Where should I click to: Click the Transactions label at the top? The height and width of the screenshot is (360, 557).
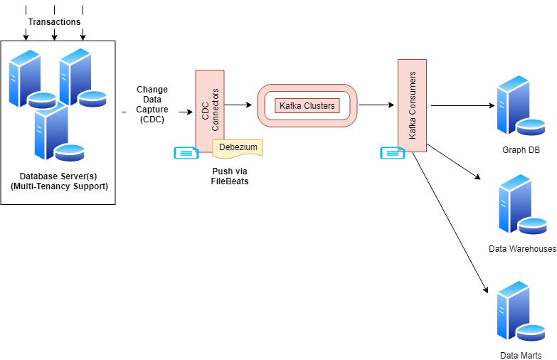tap(54, 22)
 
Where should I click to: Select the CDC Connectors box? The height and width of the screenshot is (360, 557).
tap(210, 110)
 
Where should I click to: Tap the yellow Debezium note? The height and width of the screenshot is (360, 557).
tap(238, 147)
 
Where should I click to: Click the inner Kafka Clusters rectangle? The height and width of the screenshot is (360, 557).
tap(307, 106)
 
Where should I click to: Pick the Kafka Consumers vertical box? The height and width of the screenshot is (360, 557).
tap(412, 105)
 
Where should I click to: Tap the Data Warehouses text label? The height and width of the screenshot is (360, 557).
tap(522, 249)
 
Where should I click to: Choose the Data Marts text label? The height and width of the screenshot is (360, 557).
tap(521, 355)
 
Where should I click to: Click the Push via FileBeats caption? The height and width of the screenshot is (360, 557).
tap(230, 176)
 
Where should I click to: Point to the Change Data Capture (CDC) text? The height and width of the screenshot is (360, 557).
tap(152, 105)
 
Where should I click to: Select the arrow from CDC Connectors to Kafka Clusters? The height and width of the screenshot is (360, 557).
tap(239, 105)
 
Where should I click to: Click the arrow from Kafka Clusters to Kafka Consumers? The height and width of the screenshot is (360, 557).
tap(377, 105)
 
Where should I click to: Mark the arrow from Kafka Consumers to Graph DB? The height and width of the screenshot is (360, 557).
tap(462, 106)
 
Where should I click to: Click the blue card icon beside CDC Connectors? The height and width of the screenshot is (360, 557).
tap(186, 152)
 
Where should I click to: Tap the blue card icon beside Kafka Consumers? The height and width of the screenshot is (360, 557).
tap(392, 152)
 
